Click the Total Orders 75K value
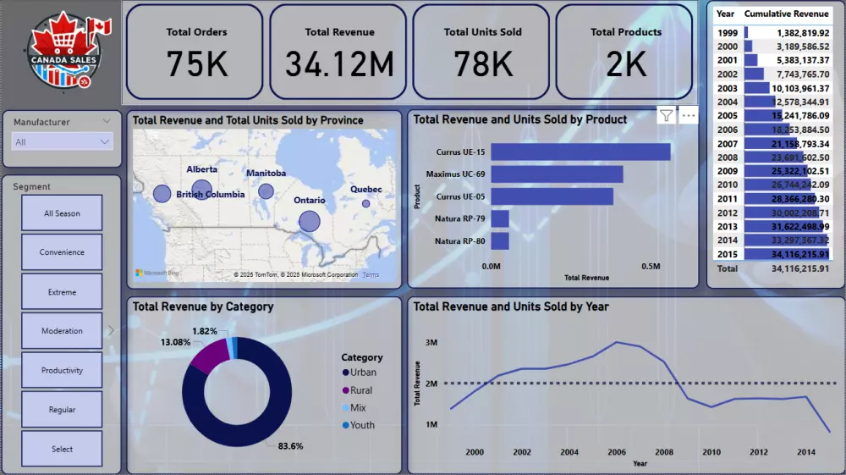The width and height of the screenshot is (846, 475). (x=196, y=64)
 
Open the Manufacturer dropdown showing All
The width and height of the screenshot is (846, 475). (x=63, y=142)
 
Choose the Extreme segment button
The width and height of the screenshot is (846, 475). (x=62, y=292)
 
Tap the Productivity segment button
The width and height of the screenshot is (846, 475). (x=62, y=370)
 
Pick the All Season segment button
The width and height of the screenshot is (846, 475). (x=62, y=213)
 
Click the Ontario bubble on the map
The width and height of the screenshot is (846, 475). (x=310, y=221)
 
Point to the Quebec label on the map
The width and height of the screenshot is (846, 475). (x=365, y=190)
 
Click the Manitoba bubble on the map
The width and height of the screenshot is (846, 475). (x=266, y=191)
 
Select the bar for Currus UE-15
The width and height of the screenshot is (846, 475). (x=580, y=152)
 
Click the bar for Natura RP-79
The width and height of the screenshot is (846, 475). (x=500, y=219)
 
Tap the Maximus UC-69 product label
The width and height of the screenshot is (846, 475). (x=455, y=174)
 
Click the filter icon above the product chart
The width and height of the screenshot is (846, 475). (x=667, y=116)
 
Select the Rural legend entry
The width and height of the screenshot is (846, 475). (x=360, y=390)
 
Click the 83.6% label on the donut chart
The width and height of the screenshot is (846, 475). (x=289, y=445)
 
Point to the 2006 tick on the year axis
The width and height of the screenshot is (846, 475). (x=618, y=452)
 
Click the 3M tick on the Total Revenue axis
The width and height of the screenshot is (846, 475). (x=431, y=343)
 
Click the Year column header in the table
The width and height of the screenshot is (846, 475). (x=725, y=14)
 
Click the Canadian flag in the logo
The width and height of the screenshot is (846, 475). (x=99, y=27)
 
